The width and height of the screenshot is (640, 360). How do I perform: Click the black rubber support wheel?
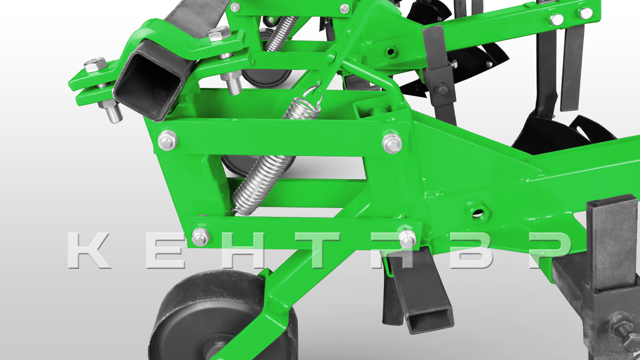click(x=217, y=317)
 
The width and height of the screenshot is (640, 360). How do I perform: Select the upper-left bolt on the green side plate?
click(x=168, y=140)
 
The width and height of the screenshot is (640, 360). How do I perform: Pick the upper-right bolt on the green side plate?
click(x=392, y=143)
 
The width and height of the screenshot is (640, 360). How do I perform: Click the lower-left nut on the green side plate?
click(x=200, y=236)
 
